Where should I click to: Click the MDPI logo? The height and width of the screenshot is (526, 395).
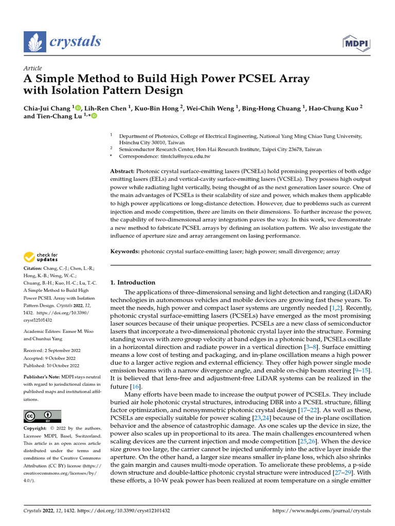pos(356,43)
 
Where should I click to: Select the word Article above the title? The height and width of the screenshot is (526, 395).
pos(33,68)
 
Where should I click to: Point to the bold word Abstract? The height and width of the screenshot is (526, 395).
pos(123,171)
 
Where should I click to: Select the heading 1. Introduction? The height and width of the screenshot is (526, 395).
pos(133,283)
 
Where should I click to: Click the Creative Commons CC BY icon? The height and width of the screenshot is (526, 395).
pos(43,416)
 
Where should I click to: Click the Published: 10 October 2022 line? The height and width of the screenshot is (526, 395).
pos(51,365)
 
